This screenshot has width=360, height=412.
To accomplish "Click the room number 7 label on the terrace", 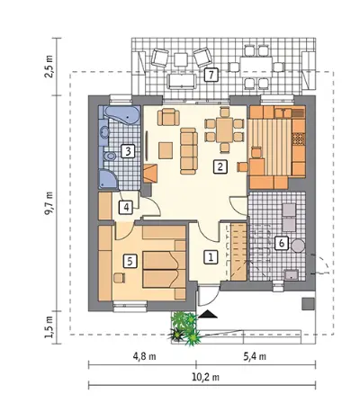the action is (211, 75).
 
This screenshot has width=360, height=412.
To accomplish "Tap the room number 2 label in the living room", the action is (220, 166).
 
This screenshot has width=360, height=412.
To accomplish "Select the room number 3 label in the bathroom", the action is (128, 151).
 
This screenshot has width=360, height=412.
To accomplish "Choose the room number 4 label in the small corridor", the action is (126, 207).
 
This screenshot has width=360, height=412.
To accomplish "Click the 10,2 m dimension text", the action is (205, 377).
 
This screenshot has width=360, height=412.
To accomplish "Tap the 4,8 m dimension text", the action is (144, 356).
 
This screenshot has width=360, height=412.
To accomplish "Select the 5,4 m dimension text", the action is (255, 356).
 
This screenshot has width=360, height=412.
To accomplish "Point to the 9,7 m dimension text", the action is (49, 203).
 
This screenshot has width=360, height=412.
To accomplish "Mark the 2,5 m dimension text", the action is (49, 67).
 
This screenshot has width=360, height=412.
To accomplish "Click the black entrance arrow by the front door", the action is (207, 314).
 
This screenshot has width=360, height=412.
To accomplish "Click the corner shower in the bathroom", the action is (108, 179).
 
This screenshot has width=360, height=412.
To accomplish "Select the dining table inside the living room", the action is (224, 130).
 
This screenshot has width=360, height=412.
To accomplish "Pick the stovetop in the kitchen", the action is (298, 139).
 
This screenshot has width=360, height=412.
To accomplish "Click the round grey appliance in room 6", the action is (298, 246).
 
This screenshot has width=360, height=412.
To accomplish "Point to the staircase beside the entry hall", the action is (238, 252).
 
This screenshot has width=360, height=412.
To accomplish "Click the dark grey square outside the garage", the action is (308, 304).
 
